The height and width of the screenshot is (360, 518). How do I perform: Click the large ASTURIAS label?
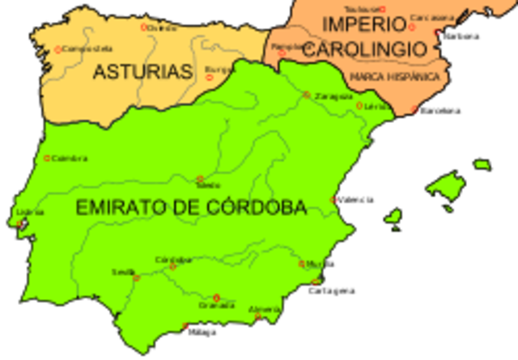142,72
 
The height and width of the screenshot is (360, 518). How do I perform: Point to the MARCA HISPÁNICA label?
395,77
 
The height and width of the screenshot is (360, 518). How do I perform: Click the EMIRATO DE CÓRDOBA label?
191,208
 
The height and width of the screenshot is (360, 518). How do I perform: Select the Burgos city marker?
210,78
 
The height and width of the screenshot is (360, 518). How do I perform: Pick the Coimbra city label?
69,158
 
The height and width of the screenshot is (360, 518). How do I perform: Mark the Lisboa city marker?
19,223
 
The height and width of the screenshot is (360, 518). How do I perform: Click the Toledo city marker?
200,179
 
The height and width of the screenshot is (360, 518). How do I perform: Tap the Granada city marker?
216,297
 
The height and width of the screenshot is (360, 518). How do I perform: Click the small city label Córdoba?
172,260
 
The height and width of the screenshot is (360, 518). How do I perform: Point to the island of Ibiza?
393,217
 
